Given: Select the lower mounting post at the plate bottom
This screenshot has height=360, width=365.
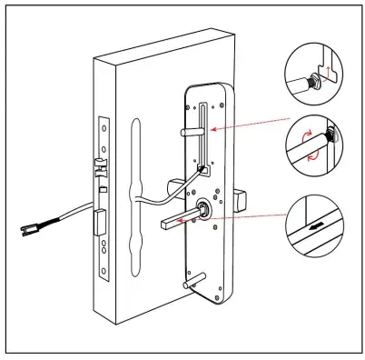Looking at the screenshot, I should [x=192, y=284].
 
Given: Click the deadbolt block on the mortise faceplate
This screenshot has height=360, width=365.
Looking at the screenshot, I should [x=102, y=217].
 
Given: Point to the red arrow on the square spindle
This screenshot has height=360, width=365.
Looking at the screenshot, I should [x=185, y=219].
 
